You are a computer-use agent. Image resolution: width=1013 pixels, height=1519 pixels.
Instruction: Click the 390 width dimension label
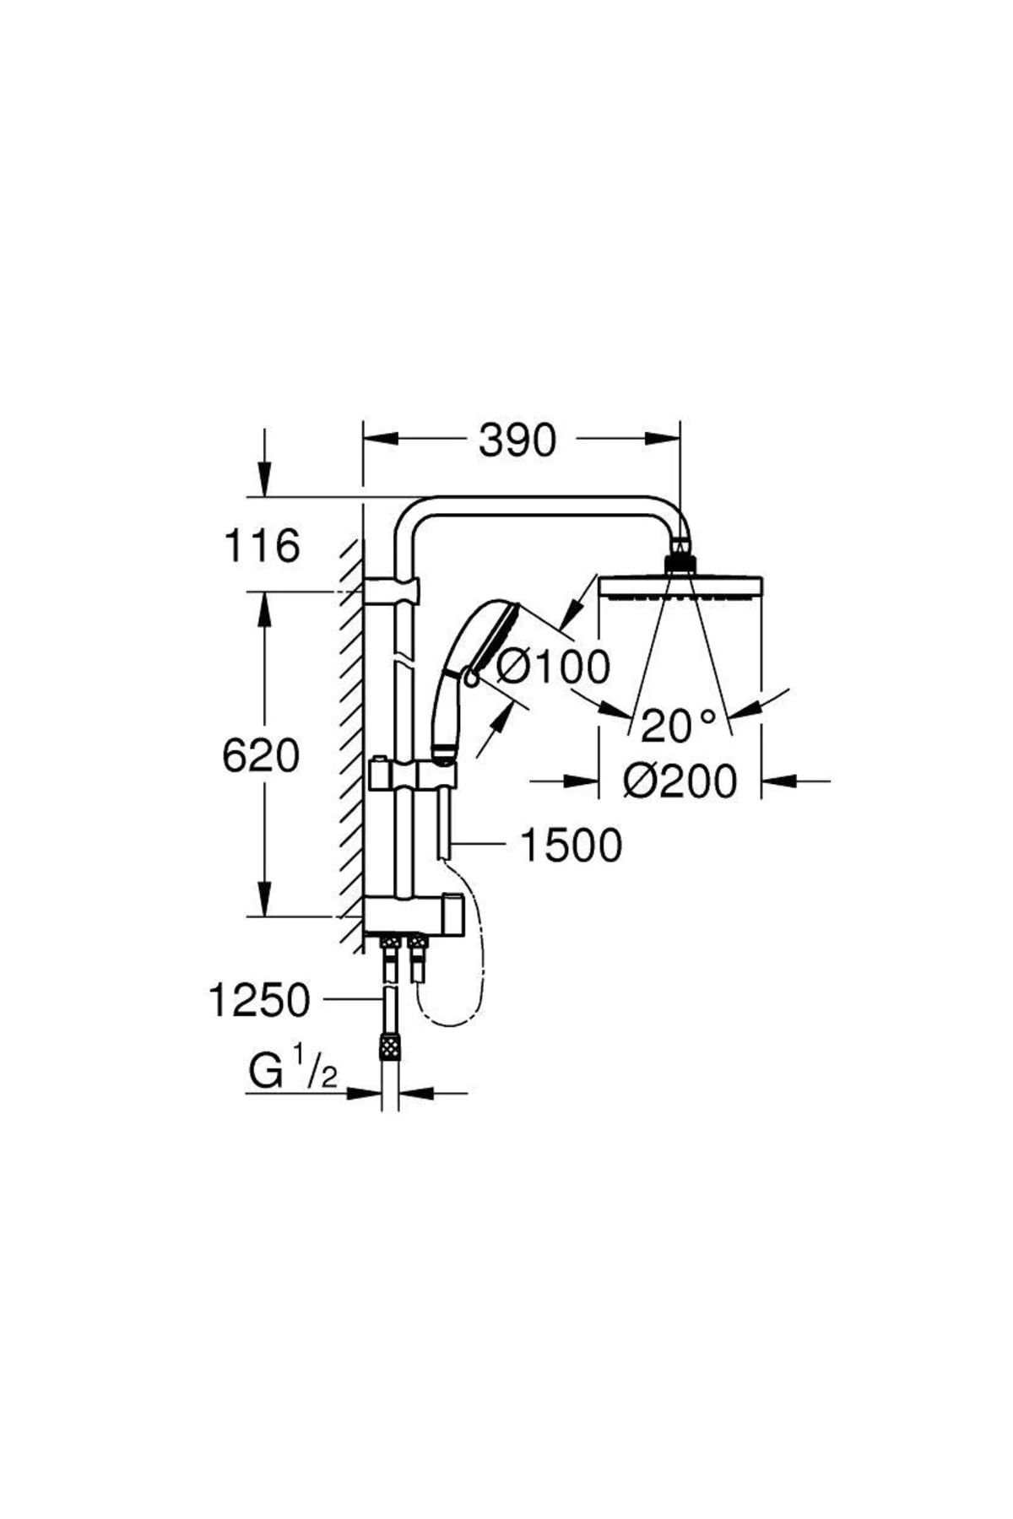click(x=517, y=441)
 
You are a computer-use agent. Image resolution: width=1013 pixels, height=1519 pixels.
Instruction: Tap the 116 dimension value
click(x=262, y=546)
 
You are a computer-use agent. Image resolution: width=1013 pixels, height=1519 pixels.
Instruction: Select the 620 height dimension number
click(x=261, y=755)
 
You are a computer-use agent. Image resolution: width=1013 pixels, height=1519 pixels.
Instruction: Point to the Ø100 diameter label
click(x=553, y=668)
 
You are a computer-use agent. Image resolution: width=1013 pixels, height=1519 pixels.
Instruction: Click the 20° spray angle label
click(x=678, y=725)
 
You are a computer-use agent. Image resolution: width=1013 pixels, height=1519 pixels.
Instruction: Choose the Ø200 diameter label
click(x=680, y=781)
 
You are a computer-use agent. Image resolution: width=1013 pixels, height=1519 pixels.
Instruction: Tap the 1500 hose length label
click(x=571, y=846)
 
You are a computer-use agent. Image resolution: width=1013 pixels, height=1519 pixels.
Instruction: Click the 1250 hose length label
click(x=259, y=1002)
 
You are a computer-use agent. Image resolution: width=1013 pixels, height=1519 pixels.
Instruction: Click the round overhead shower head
click(x=680, y=585)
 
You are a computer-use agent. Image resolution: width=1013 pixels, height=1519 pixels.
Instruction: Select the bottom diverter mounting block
click(x=413, y=916)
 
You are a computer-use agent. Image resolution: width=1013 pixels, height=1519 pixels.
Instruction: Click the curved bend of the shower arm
click(x=412, y=516)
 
